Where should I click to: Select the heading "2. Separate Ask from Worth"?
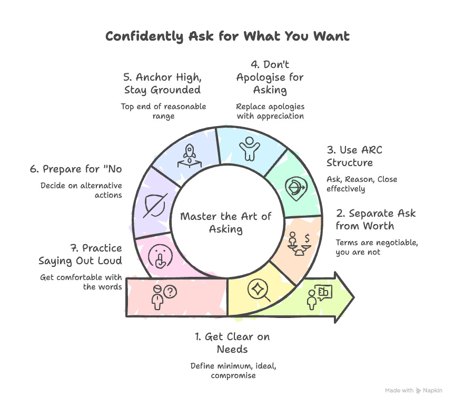(375, 220)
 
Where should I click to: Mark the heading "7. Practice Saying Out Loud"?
(80, 254)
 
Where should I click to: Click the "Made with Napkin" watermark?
(413, 391)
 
